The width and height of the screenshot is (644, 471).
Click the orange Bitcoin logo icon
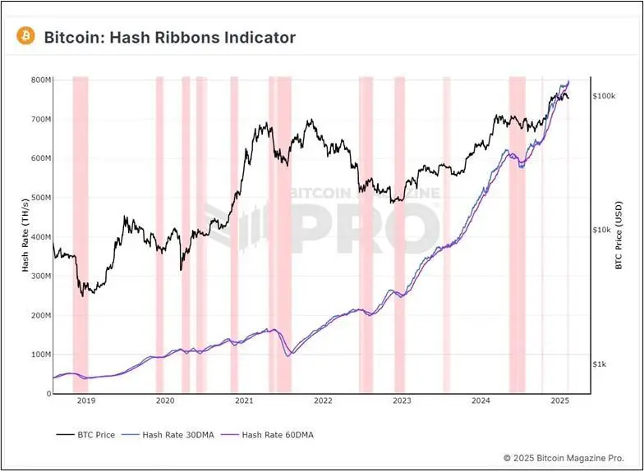pyautogui.click(x=25, y=36)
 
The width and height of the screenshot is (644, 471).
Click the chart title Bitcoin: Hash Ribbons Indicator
pyautogui.click(x=169, y=37)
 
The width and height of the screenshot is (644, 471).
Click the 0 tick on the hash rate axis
pyautogui.click(x=48, y=394)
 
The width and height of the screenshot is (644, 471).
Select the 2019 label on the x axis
pyautogui.click(x=86, y=401)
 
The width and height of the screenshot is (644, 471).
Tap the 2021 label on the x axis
pyautogui.click(x=244, y=401)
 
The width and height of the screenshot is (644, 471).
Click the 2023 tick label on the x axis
pyautogui.click(x=402, y=401)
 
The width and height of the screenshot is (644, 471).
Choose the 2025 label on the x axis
pyautogui.click(x=560, y=401)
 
